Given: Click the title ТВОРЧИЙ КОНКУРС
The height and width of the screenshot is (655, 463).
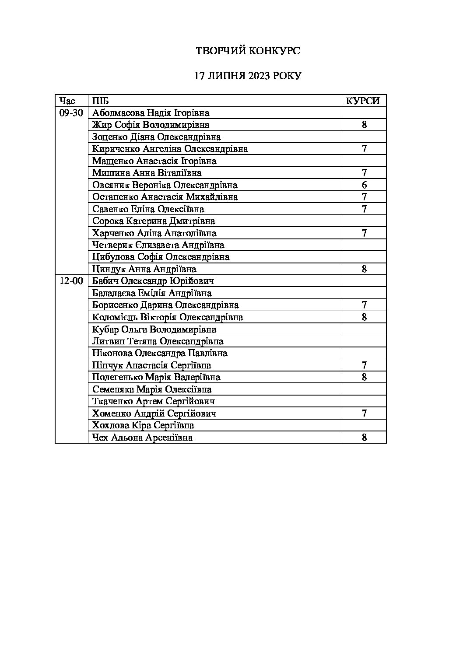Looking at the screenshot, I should pos(247,51).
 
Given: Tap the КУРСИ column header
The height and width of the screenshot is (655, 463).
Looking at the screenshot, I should pos(363,101).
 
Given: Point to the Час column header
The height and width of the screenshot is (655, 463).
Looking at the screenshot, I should pos(67,101).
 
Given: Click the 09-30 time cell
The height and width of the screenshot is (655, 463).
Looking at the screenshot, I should pos(71,113).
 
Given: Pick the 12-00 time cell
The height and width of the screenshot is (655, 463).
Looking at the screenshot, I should pos(71,281).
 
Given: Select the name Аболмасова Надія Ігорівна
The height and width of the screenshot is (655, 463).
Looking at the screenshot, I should pos(151,113).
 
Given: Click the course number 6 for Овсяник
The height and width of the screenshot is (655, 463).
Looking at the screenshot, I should pos(364,185).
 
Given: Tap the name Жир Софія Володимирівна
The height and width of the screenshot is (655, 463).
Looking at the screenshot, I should pos(151,125).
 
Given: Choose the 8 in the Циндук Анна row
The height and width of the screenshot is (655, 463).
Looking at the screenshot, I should pos(364,269).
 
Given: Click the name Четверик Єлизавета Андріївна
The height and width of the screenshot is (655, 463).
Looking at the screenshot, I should pos(158,245).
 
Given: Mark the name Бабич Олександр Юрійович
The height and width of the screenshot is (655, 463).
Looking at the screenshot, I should pos(153,281).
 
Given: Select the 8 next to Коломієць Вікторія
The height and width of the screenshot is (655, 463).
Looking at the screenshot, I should pos(364,317).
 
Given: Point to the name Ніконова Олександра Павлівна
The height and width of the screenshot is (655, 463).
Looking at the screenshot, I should pos(160,353).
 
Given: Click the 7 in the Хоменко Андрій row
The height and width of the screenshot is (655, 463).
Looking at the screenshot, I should pos(364,413).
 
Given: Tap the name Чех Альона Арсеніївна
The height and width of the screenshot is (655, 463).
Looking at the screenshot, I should pos(143,438).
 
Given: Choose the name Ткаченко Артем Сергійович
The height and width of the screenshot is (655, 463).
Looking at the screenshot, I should pos(154,401).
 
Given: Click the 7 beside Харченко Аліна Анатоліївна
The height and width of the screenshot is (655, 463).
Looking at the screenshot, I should pos(364,233).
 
